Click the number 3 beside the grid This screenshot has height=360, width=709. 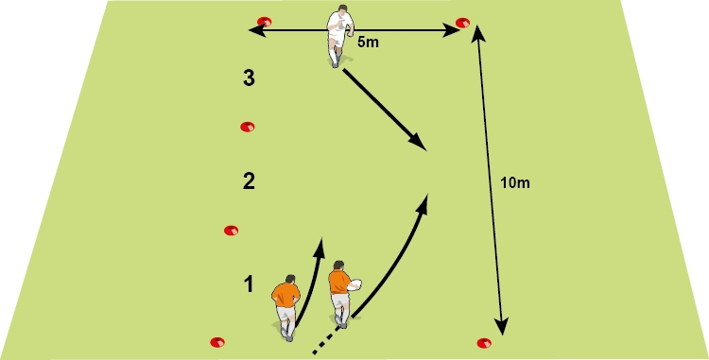[x=249, y=79]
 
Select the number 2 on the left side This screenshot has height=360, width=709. [x=249, y=180]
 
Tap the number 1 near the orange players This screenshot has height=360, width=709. [x=248, y=283]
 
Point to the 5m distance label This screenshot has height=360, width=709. [x=370, y=43]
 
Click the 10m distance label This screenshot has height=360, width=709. [x=515, y=181]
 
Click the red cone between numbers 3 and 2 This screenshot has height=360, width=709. [x=248, y=127]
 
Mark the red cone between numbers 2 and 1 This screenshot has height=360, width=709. [x=231, y=230]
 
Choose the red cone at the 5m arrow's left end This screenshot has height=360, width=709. [x=265, y=22]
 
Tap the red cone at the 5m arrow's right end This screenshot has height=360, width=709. [x=462, y=22]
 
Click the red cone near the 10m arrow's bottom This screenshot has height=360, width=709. [x=485, y=342]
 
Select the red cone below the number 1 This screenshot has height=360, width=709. [x=216, y=341]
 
